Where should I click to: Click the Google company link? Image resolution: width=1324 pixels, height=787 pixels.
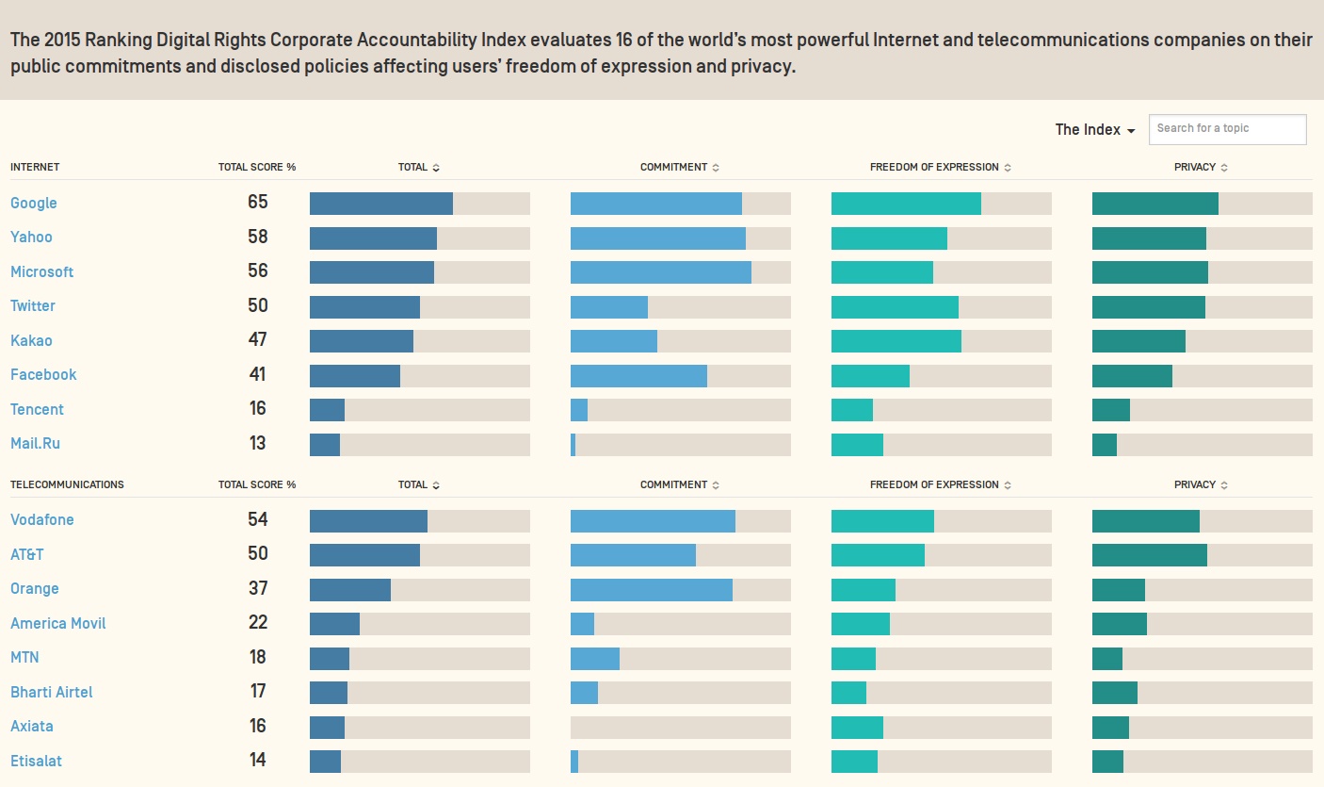34,204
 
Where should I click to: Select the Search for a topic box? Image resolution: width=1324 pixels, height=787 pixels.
1227,129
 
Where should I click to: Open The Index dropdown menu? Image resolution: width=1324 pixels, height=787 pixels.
1095,130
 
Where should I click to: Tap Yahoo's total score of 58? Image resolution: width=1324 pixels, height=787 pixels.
258,237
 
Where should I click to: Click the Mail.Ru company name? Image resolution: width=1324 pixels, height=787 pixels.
35,444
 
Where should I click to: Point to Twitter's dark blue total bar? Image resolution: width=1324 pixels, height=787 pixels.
364,306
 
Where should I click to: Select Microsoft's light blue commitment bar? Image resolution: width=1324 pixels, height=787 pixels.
660,272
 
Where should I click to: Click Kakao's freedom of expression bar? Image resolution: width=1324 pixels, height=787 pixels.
896,341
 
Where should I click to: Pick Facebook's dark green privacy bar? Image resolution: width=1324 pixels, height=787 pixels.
1132,375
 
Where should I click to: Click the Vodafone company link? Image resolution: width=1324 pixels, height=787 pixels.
42,520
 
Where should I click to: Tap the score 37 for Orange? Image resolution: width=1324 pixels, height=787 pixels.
258,588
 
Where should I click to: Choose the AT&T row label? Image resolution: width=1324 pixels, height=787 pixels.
27,554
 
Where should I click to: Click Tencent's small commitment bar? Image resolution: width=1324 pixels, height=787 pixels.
579,410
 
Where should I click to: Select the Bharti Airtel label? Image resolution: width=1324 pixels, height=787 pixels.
52,693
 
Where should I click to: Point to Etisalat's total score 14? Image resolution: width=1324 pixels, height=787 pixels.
258,761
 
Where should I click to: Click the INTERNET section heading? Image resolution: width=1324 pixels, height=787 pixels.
35,168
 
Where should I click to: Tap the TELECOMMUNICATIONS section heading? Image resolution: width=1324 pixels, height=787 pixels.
67,485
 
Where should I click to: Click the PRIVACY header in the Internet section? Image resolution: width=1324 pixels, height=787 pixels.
1195,168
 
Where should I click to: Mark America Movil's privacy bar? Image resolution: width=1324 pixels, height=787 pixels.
1119,624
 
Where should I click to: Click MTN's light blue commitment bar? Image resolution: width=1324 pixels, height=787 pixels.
594,658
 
